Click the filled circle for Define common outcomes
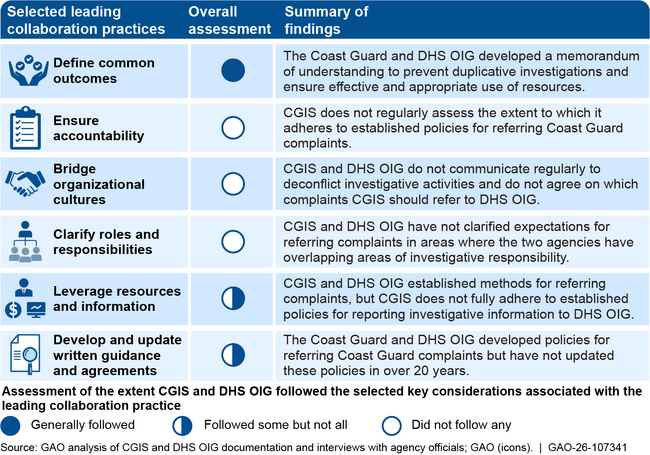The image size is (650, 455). click(x=232, y=71)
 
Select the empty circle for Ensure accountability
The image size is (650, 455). click(x=232, y=127)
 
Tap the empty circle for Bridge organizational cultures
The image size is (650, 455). click(x=232, y=184)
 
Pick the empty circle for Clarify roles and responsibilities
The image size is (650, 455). click(x=232, y=241)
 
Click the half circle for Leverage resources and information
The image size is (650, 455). click(x=232, y=298)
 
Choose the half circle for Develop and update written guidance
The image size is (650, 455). click(x=232, y=354)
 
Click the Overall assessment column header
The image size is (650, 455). click(x=231, y=20)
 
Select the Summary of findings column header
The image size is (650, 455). click(x=326, y=20)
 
